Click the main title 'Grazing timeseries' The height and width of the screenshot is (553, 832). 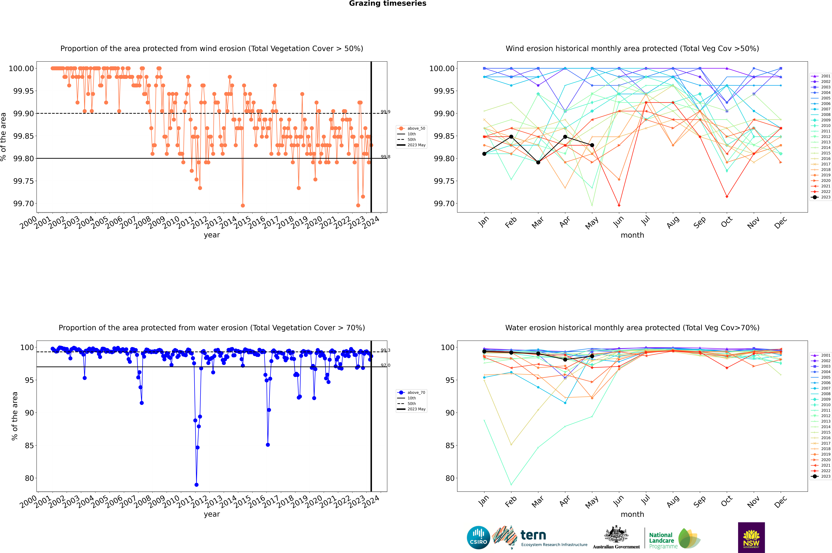coord(388,4)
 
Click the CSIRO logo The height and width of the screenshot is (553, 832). coord(478,538)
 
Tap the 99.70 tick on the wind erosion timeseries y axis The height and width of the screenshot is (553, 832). coord(24,204)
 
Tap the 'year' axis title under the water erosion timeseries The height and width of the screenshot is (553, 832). coord(212,514)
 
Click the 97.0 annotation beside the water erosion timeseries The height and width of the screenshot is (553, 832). coord(385,365)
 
